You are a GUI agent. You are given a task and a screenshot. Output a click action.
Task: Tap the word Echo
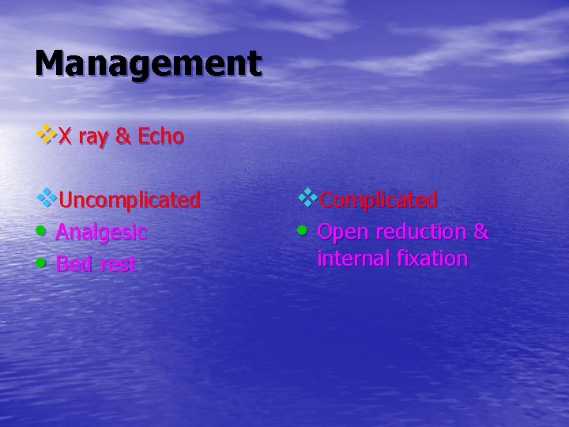click(161, 137)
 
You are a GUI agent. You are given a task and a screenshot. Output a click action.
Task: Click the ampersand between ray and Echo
click(123, 137)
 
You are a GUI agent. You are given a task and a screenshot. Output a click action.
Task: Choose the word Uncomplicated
click(129, 200)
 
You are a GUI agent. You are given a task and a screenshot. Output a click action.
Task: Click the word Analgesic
click(100, 232)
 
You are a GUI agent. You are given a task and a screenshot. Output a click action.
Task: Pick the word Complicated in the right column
click(379, 200)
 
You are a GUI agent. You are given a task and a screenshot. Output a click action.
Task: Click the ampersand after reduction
click(481, 232)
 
